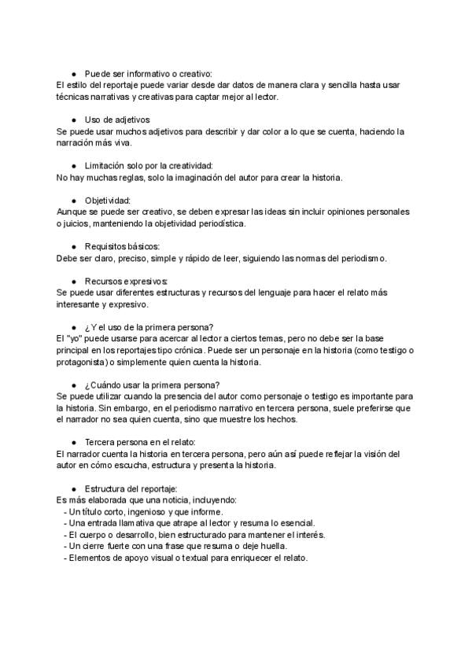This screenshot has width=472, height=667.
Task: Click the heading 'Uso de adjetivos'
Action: pyautogui.click(x=116, y=119)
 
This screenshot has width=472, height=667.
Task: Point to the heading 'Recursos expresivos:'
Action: pyautogui.click(x=126, y=281)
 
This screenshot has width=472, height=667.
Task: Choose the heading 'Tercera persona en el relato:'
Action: pyautogui.click(x=140, y=442)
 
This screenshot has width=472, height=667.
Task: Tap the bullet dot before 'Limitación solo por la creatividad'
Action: pyautogui.click(x=73, y=165)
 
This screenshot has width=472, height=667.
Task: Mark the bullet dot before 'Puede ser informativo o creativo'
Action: pyautogui.click(x=73, y=73)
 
